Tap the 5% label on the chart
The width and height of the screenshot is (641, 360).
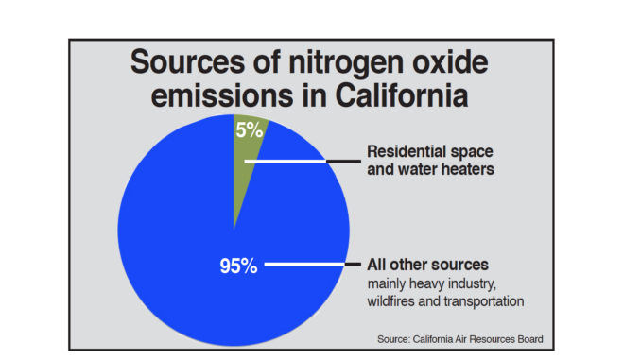(249, 130)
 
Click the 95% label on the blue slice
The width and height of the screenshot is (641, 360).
(239, 266)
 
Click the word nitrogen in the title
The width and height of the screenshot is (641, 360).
(347, 63)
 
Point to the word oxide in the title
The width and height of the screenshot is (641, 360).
(450, 62)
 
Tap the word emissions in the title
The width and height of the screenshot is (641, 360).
(222, 95)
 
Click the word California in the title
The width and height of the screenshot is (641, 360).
(402, 95)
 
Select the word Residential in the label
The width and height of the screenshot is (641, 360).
(406, 151)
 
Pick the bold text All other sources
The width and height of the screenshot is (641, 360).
(427, 265)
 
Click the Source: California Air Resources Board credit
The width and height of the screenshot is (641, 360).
(460, 339)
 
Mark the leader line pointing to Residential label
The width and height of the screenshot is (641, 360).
(303, 162)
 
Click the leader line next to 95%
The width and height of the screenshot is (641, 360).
(313, 265)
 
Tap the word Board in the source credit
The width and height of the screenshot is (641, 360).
(531, 339)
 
